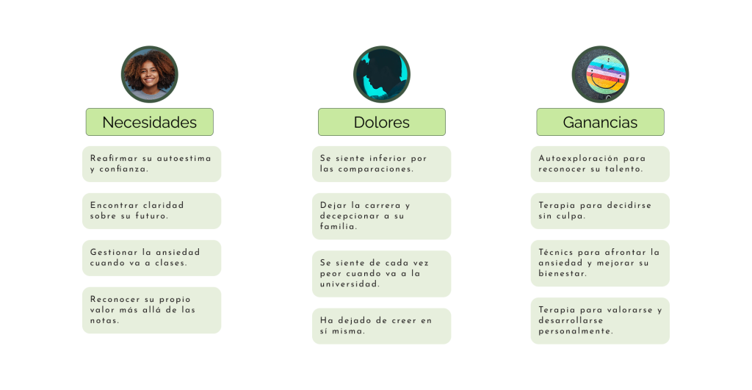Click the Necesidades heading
149,122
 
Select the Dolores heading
381,122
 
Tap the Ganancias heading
600,122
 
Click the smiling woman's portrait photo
149,74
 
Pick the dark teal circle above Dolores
381,74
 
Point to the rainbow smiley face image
600,74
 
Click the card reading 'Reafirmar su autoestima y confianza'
151,164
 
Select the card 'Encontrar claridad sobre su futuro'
151,211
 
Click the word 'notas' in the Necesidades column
104,321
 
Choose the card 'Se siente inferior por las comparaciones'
381,164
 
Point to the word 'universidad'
350,284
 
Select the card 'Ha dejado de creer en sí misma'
381,326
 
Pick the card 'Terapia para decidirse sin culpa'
600,211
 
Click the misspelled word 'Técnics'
556,252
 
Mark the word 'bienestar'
563,274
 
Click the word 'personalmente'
575,332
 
